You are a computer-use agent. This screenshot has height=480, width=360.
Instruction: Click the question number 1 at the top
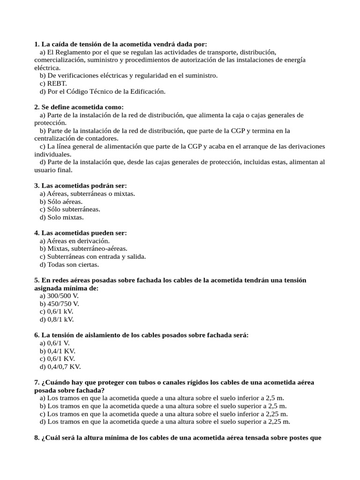(37, 44)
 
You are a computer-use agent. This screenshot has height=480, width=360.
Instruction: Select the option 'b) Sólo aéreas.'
(61, 202)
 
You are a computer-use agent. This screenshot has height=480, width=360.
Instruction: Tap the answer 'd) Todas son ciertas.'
(69, 264)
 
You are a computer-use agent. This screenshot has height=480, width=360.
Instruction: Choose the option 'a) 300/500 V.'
(59, 296)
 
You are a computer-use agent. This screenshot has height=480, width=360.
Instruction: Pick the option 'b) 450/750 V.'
(60, 304)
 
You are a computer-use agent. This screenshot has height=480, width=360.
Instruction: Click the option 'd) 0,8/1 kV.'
(57, 320)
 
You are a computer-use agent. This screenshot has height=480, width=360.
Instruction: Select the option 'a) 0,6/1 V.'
(55, 343)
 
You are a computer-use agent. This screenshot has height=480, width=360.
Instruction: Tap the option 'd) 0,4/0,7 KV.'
(60, 367)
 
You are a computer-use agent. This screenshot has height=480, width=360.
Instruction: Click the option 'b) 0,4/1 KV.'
(58, 351)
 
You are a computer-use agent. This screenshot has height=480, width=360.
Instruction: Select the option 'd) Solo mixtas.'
(62, 217)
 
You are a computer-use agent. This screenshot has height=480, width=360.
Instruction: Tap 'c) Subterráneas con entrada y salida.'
(93, 256)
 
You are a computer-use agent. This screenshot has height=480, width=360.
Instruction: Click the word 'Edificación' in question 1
(146, 91)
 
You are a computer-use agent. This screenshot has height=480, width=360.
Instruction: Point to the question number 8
(37, 438)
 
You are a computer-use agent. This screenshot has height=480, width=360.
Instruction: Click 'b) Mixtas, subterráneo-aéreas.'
(83, 248)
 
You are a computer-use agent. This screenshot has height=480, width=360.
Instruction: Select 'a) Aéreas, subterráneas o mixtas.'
(87, 194)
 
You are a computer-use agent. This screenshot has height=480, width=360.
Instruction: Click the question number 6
(37, 335)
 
